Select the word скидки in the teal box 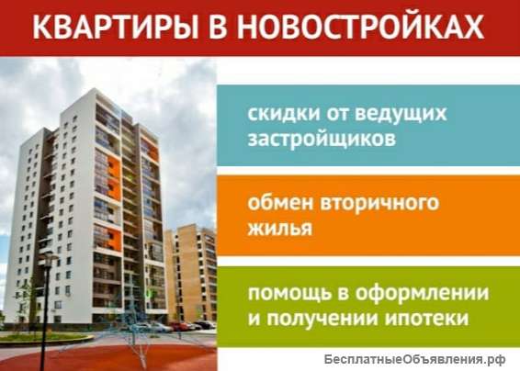(x=277, y=114)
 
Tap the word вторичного (x=379, y=201)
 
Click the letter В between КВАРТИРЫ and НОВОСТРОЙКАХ (x=217, y=27)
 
